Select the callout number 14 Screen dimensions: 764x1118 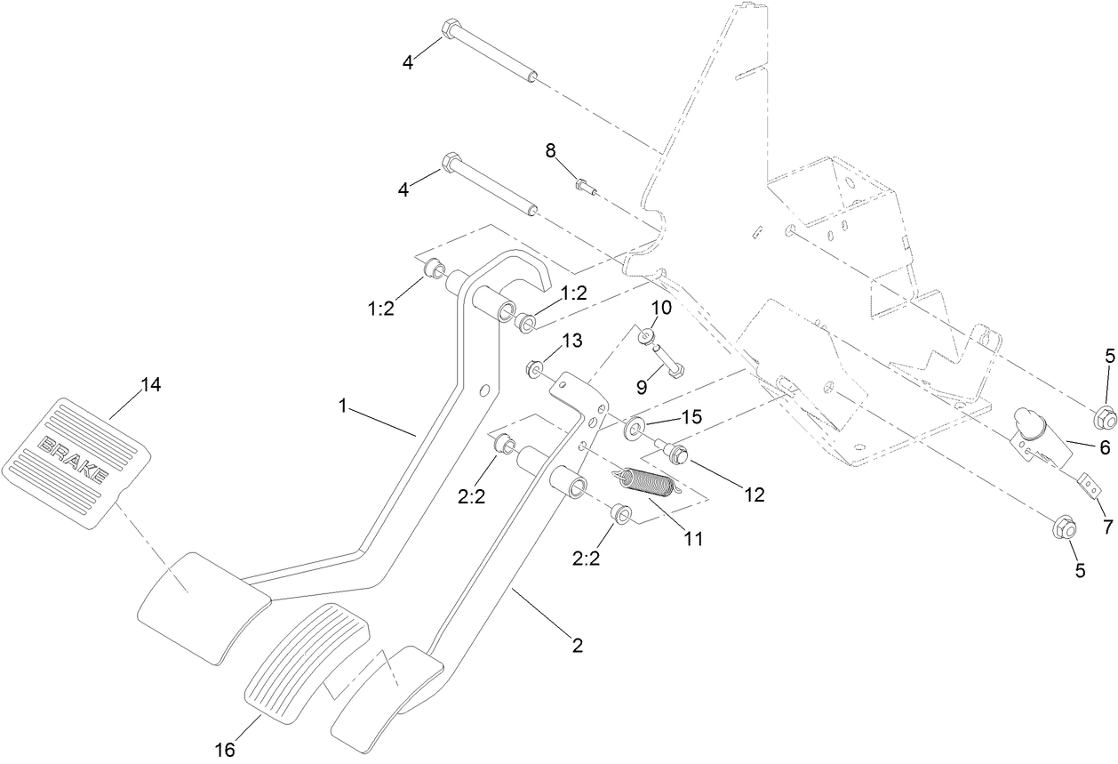point(151,385)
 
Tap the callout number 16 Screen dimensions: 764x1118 point(224,751)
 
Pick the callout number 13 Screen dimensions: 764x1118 point(571,341)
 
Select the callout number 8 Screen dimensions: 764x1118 point(551,151)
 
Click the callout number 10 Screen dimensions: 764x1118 point(661,307)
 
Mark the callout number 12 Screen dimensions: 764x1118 point(754,495)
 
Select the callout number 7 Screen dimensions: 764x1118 point(1107,526)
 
